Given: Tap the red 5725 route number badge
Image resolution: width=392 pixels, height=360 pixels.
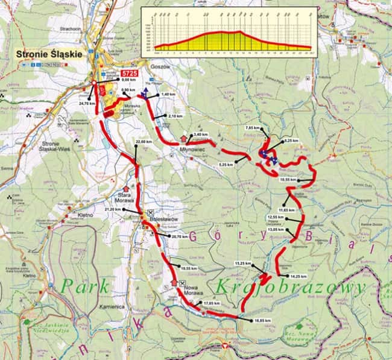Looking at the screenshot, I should point(130,73).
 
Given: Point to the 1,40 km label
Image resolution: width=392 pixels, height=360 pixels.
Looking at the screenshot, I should point(168,95).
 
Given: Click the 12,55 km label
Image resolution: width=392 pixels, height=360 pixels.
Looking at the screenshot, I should point(274,217).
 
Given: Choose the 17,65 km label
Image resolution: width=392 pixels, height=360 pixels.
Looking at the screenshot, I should point(211,303).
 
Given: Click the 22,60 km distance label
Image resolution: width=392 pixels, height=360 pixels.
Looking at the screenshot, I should point(144,142).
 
